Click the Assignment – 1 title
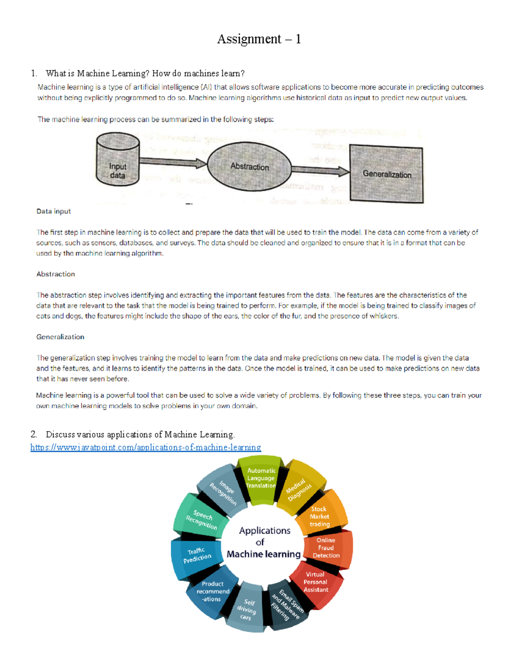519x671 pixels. pos(259,39)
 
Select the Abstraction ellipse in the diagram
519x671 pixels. pos(250,166)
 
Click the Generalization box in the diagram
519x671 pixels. pos(386,174)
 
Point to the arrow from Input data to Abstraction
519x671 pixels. pos(173,162)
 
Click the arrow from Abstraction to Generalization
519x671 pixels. pos(320,170)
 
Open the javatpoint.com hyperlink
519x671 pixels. pos(145,447)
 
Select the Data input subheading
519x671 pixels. pos(54,211)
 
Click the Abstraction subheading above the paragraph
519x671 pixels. pos(56,274)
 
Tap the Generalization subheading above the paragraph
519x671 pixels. pos(61,337)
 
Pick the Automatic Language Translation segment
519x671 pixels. pos(261,478)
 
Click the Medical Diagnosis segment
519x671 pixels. pos(299,489)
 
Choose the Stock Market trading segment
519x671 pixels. pos(320,516)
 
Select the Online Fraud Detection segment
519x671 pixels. pos(327,548)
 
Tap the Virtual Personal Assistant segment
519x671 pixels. pos(316,582)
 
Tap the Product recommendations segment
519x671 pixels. pos(212,591)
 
